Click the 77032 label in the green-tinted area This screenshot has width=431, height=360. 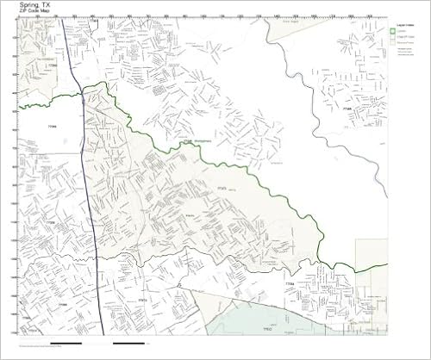[267, 328]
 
